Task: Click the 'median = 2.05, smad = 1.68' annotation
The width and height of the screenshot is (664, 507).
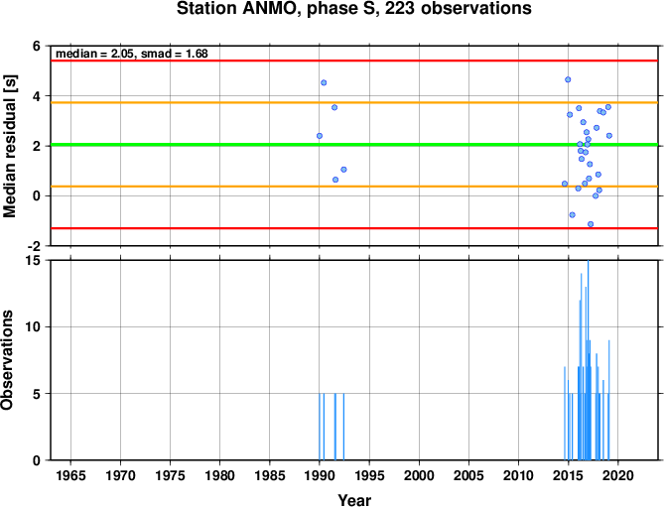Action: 132,54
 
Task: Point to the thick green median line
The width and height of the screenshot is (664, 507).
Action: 354,145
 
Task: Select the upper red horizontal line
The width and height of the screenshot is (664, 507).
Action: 354,61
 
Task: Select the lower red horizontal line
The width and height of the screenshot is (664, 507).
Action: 354,228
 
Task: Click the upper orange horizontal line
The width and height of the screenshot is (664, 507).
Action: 354,103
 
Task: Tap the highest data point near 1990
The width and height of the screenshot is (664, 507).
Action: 324,82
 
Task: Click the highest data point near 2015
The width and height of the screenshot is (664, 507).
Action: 568,79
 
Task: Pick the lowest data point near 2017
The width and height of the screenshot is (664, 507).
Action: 591,224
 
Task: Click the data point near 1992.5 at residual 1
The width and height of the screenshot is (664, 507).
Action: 343,170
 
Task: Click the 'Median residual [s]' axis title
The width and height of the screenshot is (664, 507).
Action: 9,146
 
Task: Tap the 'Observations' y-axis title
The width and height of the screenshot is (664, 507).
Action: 7,360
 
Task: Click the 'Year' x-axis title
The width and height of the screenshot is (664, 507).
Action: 354,500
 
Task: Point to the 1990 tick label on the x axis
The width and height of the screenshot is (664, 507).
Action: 320,475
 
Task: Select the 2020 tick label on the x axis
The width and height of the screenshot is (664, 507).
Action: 617,475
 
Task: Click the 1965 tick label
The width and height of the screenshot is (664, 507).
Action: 70,475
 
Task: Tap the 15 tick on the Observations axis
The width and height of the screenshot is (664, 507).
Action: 38,261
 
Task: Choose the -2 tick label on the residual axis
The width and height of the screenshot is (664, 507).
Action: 36,245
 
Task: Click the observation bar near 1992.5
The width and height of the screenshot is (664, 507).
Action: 343,427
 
